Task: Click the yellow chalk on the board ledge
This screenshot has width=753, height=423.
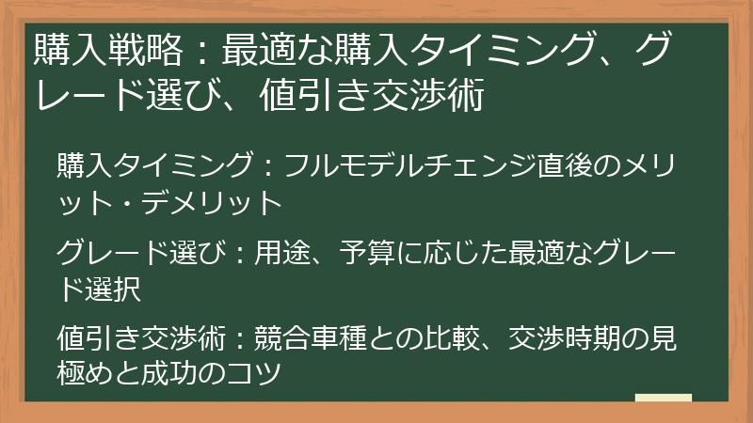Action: pos(664,398)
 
